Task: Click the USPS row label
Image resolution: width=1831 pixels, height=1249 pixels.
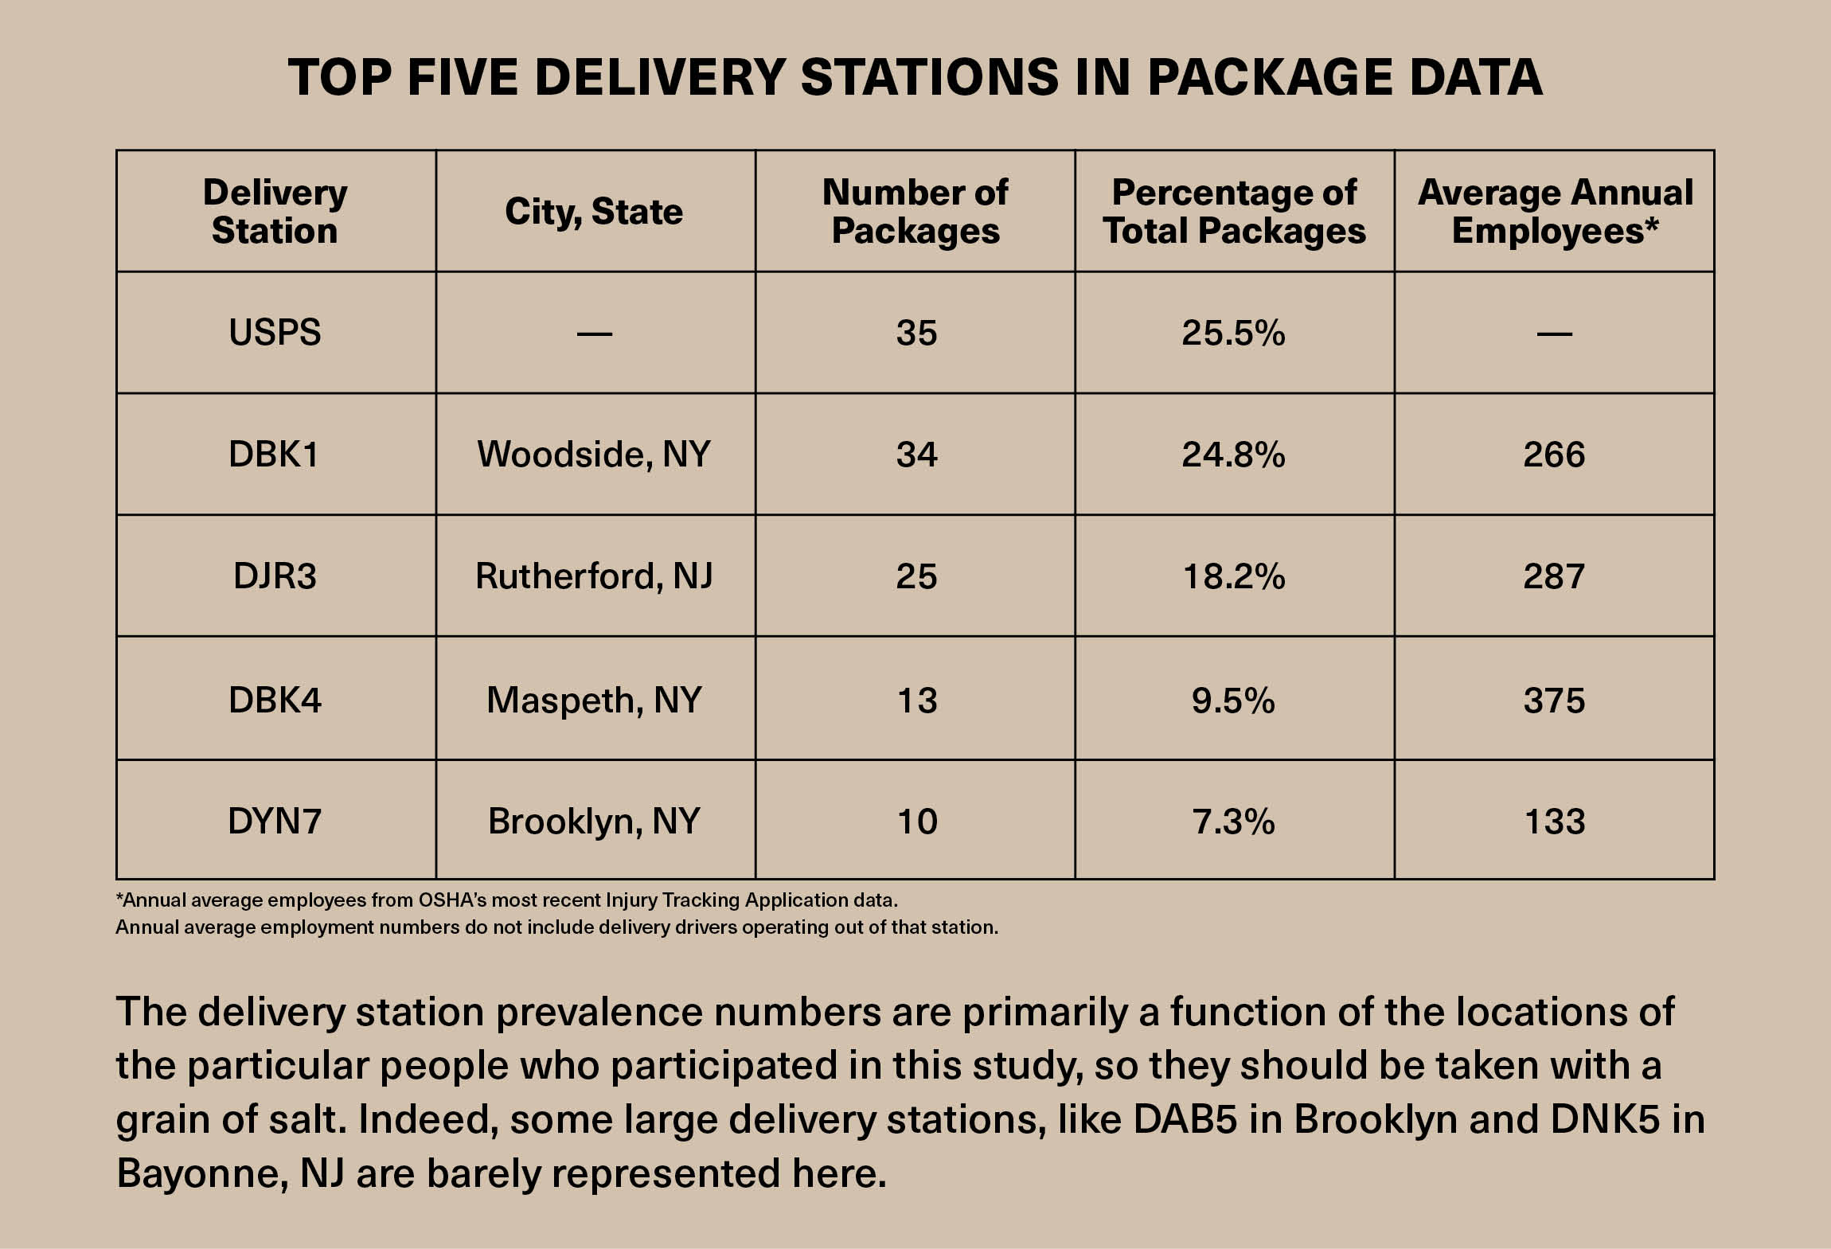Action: tap(275, 332)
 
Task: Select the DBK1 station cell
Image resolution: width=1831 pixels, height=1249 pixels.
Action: tap(274, 454)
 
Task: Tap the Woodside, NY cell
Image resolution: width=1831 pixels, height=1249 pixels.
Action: tap(594, 454)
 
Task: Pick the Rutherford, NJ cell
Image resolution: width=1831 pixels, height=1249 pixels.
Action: tap(594, 576)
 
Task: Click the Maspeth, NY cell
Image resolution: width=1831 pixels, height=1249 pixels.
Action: tap(594, 700)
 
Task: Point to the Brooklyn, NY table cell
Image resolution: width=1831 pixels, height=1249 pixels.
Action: tap(594, 821)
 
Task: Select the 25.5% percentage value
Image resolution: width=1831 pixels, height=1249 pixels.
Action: tap(1233, 332)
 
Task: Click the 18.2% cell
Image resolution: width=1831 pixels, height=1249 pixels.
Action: tap(1233, 576)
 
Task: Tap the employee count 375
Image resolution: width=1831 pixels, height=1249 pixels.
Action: tap(1554, 700)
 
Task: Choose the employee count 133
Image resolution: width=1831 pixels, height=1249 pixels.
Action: tap(1554, 821)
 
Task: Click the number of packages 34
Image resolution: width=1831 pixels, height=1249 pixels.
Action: tap(916, 454)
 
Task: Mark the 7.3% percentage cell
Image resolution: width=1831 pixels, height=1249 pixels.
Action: tap(1233, 821)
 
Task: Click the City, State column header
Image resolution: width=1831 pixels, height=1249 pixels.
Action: tap(594, 212)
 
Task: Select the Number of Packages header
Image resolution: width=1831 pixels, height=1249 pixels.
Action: tap(915, 212)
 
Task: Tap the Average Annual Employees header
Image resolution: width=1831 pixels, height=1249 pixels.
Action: tap(1555, 212)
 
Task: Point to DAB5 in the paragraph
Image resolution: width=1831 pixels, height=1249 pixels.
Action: tap(1185, 1119)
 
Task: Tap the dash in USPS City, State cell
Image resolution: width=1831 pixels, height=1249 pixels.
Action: tap(594, 334)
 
